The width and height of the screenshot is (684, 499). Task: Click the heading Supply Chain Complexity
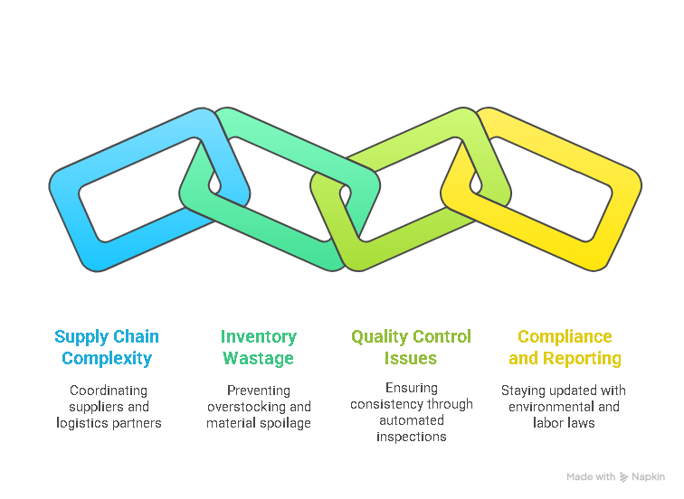(107, 347)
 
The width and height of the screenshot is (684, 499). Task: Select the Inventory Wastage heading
(259, 347)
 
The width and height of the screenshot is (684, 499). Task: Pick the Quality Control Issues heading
(411, 347)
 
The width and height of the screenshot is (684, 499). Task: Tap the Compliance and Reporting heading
(565, 347)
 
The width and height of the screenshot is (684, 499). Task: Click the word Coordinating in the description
(107, 391)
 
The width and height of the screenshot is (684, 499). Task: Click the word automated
(412, 420)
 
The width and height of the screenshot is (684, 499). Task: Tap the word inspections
(412, 437)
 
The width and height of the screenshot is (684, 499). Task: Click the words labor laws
(565, 423)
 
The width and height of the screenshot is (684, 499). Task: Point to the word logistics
(81, 423)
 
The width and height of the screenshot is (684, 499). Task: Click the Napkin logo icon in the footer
(624, 476)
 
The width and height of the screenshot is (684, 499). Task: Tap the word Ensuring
(412, 388)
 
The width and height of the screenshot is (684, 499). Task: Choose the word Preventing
(259, 391)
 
